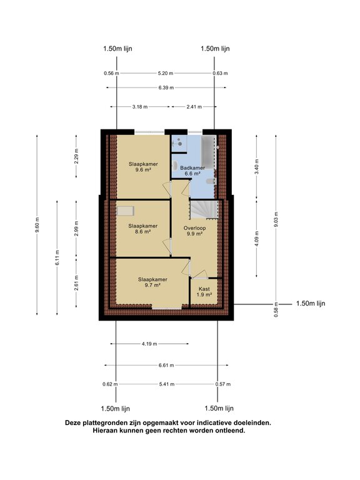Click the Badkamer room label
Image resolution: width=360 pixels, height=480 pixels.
192,171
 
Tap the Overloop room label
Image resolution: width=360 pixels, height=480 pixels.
194,231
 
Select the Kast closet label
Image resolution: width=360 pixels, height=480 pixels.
204,292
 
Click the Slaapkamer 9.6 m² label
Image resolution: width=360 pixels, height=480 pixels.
143,167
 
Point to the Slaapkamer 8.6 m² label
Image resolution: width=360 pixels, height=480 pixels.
143,229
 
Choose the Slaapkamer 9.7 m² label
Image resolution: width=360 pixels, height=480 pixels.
152,282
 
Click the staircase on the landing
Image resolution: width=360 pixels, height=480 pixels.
204,210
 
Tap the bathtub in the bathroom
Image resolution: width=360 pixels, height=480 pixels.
208,151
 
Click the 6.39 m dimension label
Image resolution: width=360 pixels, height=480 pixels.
166,88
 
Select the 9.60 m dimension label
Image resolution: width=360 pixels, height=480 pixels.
37,225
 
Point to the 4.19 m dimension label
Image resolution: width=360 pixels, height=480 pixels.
149,344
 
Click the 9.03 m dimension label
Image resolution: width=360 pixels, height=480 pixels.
276,219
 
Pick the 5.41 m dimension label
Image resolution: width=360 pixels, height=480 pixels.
167,384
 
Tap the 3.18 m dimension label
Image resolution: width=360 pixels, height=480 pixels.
140,107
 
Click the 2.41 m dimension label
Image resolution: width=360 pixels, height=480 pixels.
194,107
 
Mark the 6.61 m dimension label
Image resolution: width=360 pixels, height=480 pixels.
166,365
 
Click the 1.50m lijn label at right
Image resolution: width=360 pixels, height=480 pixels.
311,304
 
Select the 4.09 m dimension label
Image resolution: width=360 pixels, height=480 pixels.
256,238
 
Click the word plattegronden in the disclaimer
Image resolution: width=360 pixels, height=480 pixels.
102,423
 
